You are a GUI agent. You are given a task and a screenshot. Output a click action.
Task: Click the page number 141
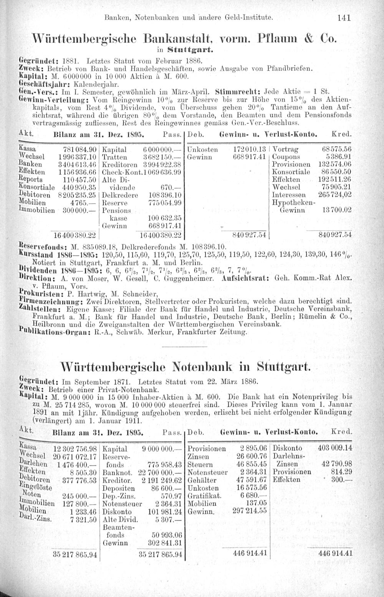(x=351, y=17)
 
